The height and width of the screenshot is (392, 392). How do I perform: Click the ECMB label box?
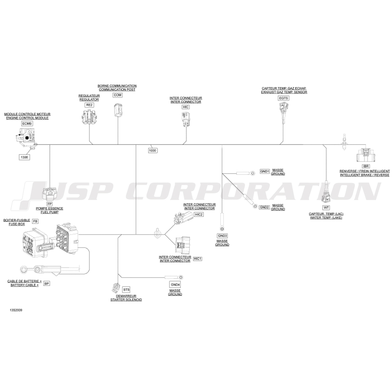click(x=27, y=123)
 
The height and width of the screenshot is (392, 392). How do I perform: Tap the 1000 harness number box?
click(x=152, y=150)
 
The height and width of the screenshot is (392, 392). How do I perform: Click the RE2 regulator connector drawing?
click(x=89, y=116)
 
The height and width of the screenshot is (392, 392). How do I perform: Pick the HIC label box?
click(x=186, y=107)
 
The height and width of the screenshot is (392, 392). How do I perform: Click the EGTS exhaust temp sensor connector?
click(x=283, y=110)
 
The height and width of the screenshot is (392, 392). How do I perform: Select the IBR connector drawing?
click(x=366, y=155)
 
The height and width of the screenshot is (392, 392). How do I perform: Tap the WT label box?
click(x=326, y=207)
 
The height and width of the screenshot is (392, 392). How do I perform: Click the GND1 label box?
click(x=265, y=171)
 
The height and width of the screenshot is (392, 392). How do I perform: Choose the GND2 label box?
click(x=265, y=207)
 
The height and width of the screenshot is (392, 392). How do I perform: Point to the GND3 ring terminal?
click(x=222, y=229)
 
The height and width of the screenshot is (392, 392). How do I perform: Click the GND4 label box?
click(x=175, y=285)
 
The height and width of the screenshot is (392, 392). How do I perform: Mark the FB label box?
click(x=36, y=221)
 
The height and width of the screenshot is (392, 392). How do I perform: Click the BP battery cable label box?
click(x=46, y=283)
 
